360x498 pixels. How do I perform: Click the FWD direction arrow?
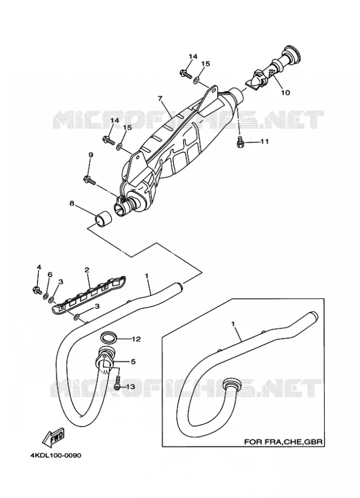point(53,437)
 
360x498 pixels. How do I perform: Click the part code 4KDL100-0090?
point(55,455)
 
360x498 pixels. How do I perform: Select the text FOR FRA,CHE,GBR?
point(283,442)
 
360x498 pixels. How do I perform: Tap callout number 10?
point(285,93)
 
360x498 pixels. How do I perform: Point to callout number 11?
point(265,141)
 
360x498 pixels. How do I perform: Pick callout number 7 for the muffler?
point(160,99)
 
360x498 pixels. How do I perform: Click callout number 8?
point(72,203)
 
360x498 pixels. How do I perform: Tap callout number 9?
point(91,155)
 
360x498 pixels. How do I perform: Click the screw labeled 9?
point(89,180)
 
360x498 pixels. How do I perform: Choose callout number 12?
point(136,339)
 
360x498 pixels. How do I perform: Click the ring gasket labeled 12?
point(108,338)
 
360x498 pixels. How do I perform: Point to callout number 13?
point(130,387)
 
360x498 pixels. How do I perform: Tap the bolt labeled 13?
point(117,383)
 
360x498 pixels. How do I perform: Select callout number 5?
point(133,361)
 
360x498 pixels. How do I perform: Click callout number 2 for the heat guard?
point(87,270)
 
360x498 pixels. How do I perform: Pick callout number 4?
point(39,267)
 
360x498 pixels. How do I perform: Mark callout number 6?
point(50,274)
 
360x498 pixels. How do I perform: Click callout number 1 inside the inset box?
point(233,324)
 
